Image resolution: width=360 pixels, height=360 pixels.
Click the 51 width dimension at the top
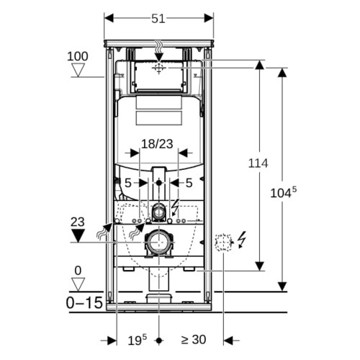pos(158,19)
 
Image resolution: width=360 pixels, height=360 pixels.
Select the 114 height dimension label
pos(258,163)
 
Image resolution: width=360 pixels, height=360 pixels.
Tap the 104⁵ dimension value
pos(284,192)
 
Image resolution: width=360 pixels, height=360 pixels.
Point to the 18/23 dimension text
pos(157,144)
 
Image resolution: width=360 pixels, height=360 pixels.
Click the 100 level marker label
pos(78,57)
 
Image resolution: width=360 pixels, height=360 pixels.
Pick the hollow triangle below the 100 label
pos(78,70)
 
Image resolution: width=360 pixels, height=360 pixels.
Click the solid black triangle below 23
pos(78,235)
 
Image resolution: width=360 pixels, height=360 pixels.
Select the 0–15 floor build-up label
pos(84,302)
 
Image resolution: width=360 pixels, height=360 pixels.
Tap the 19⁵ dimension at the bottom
pos(137,340)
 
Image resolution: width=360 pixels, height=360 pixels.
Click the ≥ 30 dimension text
pos(194,340)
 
